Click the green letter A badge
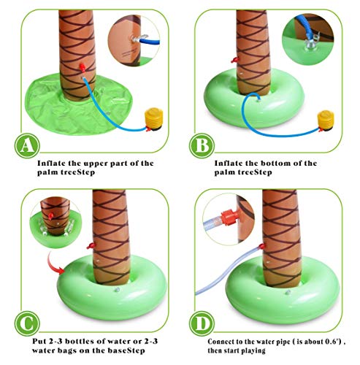click(x=27, y=145)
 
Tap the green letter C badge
click(x=27, y=323)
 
